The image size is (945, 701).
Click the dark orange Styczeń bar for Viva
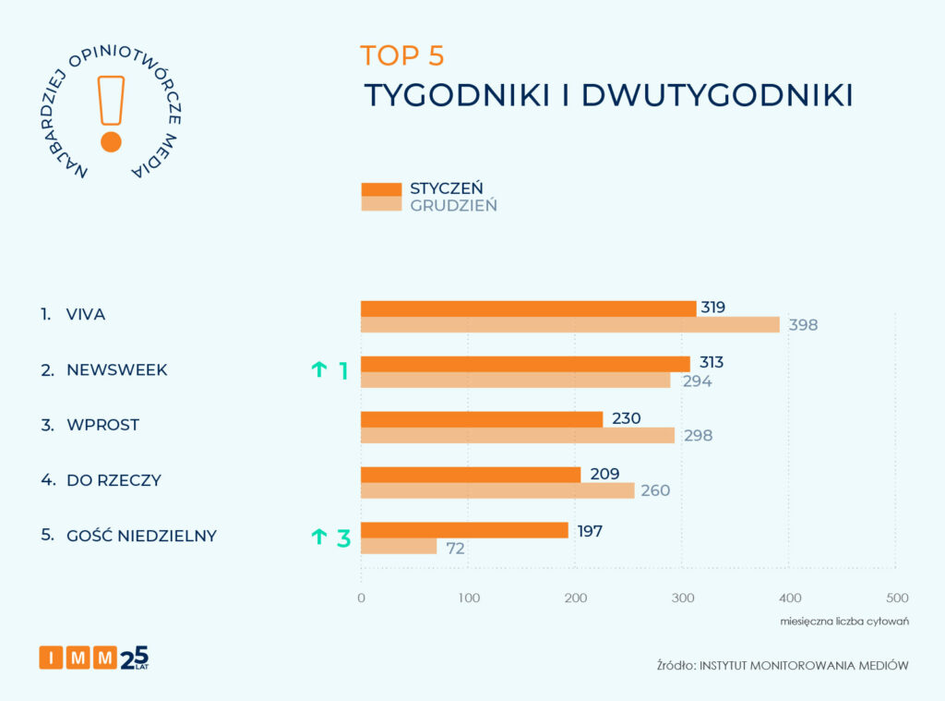(x=528, y=308)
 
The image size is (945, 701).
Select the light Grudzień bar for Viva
(x=569, y=324)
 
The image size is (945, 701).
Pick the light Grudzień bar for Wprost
(x=517, y=435)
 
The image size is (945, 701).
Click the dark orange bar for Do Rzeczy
(x=471, y=475)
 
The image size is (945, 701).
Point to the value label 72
(x=455, y=548)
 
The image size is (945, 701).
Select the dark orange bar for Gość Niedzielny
(x=464, y=530)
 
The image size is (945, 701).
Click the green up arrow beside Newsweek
(x=318, y=370)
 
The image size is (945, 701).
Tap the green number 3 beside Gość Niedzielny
(x=343, y=538)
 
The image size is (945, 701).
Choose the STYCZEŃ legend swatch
(x=380, y=189)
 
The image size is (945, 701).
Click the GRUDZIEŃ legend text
(x=453, y=205)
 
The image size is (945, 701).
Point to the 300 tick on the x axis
(x=682, y=598)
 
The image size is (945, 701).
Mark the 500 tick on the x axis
(x=896, y=598)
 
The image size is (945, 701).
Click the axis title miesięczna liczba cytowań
(x=843, y=621)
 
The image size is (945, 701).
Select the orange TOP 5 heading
(x=402, y=55)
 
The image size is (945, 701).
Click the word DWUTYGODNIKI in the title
(x=717, y=96)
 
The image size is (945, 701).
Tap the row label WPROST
(x=102, y=426)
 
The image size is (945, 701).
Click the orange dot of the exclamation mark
(x=111, y=141)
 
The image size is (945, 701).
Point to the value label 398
(x=803, y=325)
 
